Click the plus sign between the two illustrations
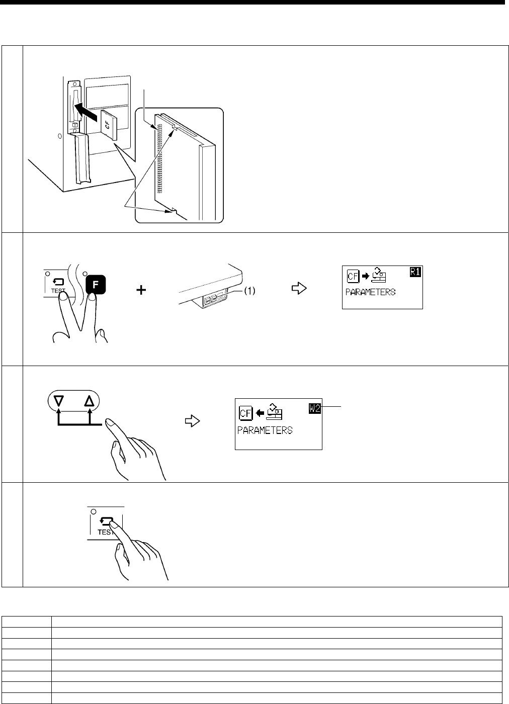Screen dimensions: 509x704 click(x=143, y=290)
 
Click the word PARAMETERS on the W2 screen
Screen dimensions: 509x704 click(x=265, y=430)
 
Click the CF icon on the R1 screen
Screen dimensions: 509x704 click(x=352, y=276)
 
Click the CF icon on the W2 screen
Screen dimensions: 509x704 click(x=245, y=414)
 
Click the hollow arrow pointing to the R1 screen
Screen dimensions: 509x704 click(x=299, y=290)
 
